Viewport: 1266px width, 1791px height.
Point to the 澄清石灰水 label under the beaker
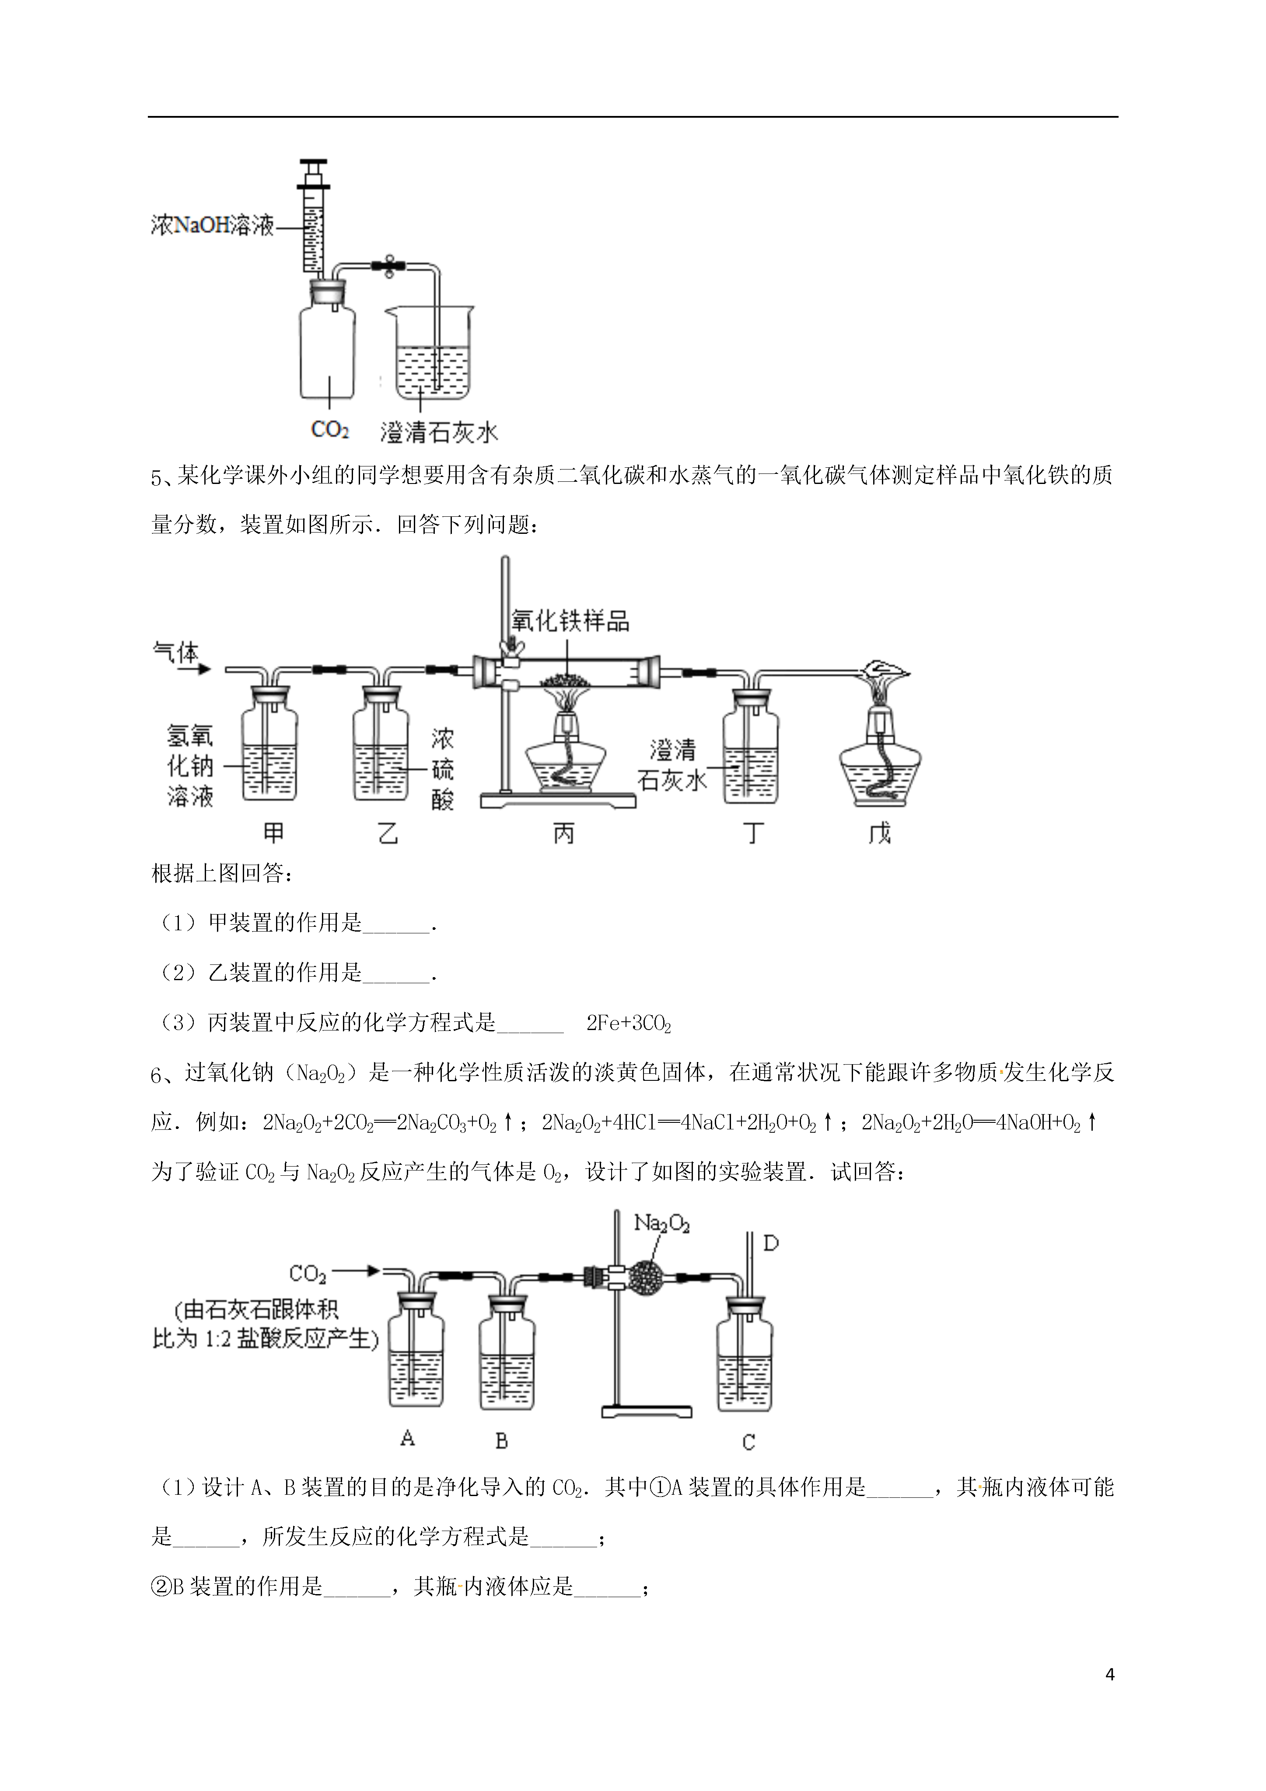coord(438,433)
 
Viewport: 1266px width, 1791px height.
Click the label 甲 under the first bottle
coord(273,833)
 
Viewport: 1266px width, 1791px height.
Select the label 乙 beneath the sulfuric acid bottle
coord(388,833)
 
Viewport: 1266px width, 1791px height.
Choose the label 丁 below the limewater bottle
coord(753,833)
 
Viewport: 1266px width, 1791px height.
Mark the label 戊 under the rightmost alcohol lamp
coord(880,833)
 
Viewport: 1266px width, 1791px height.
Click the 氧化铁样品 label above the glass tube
coord(570,621)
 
